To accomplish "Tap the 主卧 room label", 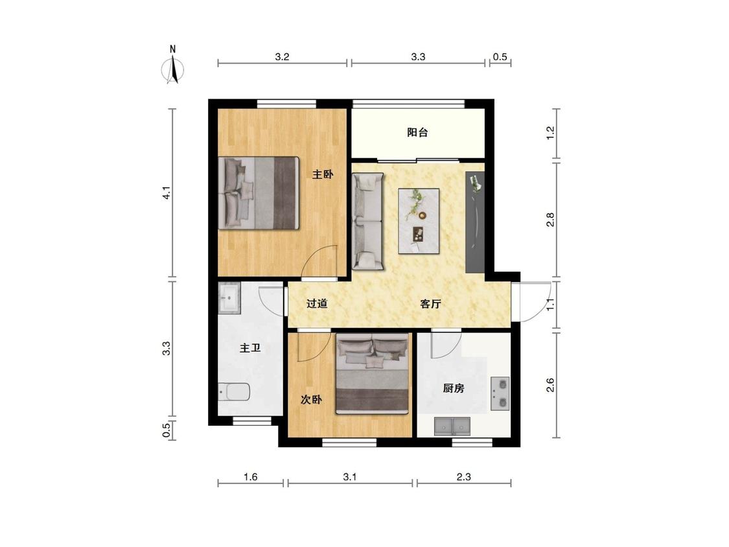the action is pos(323,174).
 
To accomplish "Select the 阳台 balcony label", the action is pos(417,132).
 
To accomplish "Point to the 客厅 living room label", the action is pos(430,304).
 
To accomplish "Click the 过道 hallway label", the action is pos(317,303).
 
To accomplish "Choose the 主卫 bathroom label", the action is pos(250,347).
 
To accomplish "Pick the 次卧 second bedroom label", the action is pos(311,399).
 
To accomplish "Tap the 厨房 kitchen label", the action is pos(454,388).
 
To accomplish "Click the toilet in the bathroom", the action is pos(234,391).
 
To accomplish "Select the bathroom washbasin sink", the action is pos(229,297).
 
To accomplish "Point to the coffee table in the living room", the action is pos(419,221).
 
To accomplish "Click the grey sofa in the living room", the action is pos(368,222).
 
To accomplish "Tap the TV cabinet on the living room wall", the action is pos(475,222).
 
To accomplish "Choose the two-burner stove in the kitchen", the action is pos(500,393).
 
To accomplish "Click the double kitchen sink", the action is pos(452,426).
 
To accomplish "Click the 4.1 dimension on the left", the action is pos(167,193).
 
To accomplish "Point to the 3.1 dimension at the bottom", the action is pos(350,477).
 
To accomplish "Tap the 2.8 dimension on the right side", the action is pos(550,220).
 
